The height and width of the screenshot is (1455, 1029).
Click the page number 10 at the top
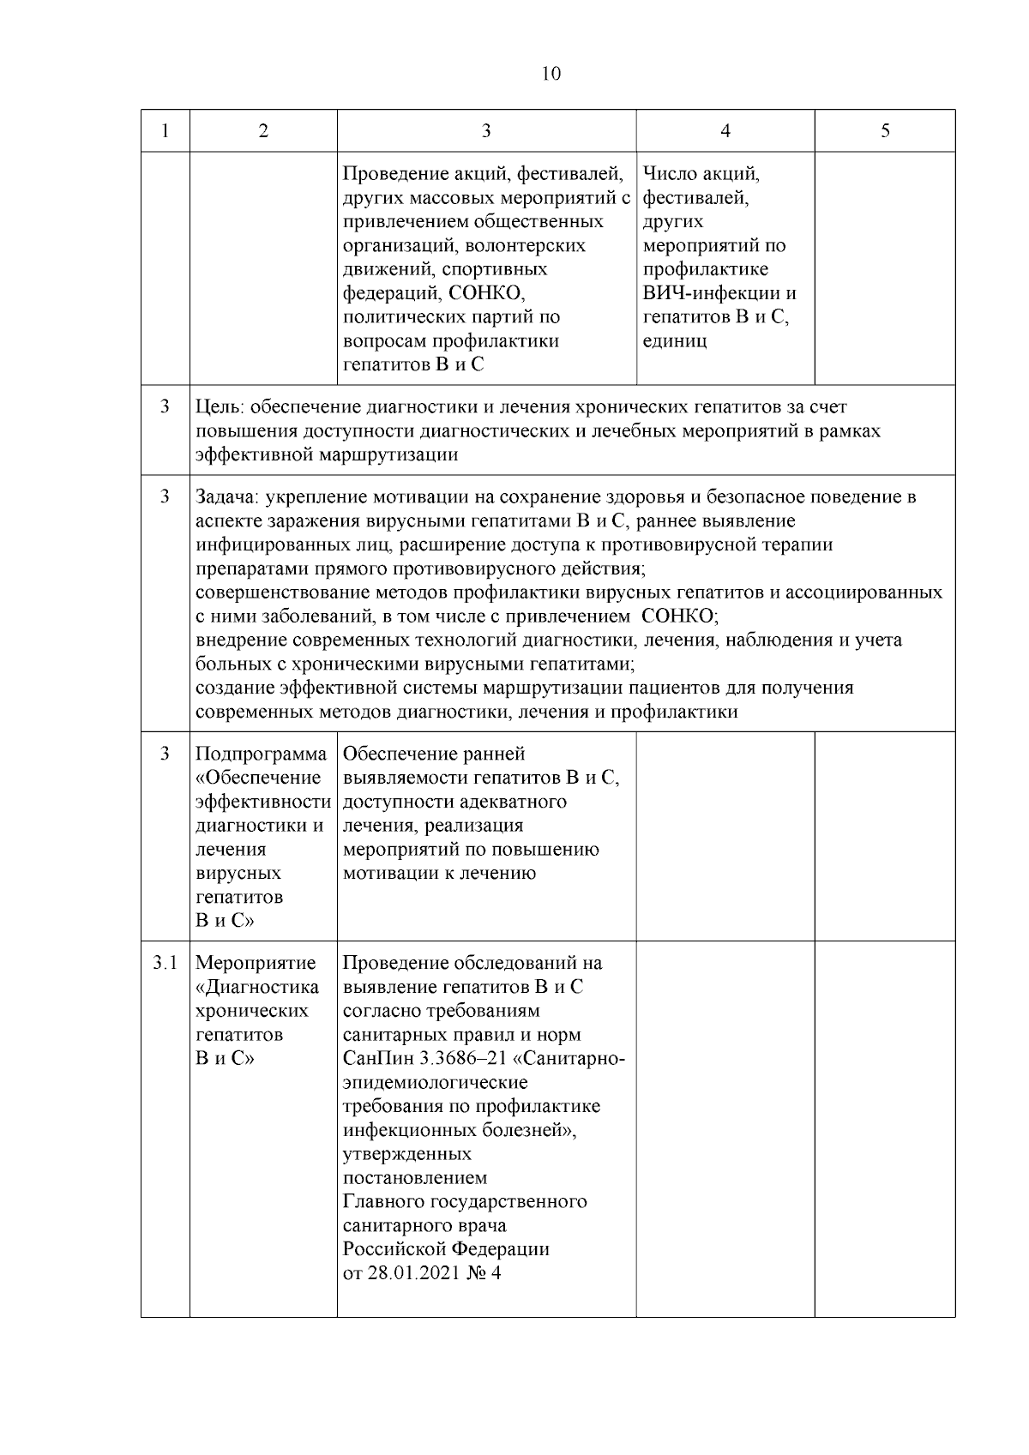(551, 74)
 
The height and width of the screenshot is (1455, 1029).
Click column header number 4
(725, 131)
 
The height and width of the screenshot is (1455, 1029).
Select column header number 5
(885, 131)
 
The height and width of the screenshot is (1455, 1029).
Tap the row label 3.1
(165, 963)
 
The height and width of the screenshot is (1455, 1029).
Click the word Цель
(219, 408)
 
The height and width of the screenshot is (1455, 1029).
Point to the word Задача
(227, 497)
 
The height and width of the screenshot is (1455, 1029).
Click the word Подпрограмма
(262, 755)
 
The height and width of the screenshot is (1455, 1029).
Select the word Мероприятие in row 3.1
(256, 963)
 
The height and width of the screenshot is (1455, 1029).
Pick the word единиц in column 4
(675, 341)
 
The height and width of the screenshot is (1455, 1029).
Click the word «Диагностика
(257, 987)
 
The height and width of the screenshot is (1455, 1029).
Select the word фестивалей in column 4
(696, 199)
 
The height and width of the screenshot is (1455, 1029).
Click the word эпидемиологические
(436, 1083)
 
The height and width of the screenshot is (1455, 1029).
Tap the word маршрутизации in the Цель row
(388, 455)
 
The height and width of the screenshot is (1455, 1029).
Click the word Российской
(394, 1249)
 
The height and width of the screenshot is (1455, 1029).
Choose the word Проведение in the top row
(394, 175)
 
